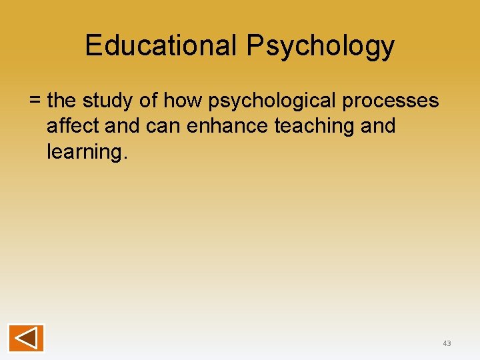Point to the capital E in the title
93,45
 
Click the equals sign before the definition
35,101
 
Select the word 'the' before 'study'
62,100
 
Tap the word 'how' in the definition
182,100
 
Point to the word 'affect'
73,125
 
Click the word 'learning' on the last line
83,152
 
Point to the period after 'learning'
123,157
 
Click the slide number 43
447,343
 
